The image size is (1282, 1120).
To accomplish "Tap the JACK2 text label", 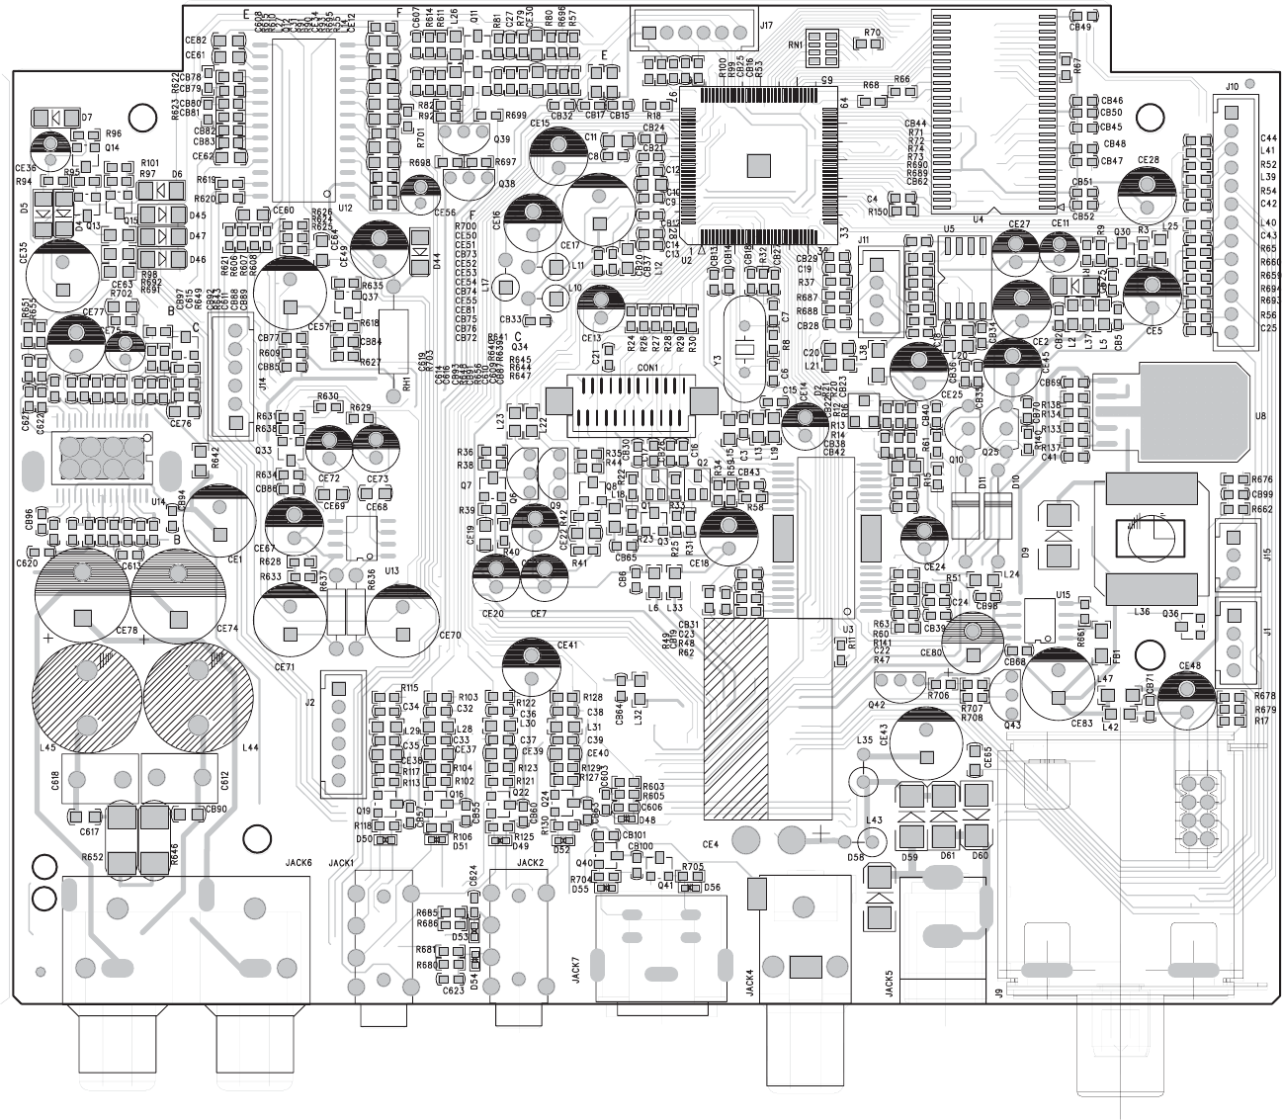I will [x=530, y=862].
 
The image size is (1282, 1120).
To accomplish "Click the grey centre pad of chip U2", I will [x=758, y=164].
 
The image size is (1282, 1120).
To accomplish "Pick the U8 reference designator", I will [x=1259, y=416].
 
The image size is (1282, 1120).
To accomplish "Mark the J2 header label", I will [x=310, y=704].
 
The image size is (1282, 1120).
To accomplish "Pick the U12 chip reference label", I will [x=345, y=209].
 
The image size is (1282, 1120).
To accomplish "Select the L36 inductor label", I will [x=1142, y=612].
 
